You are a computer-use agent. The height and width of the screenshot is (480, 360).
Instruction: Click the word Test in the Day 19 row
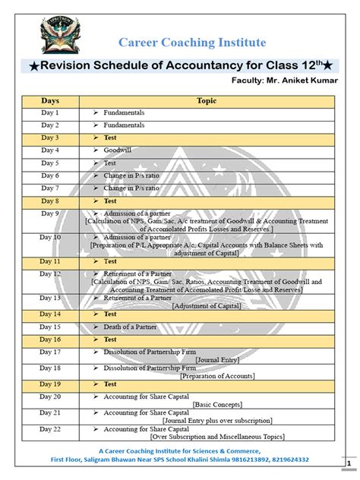(x=110, y=384)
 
